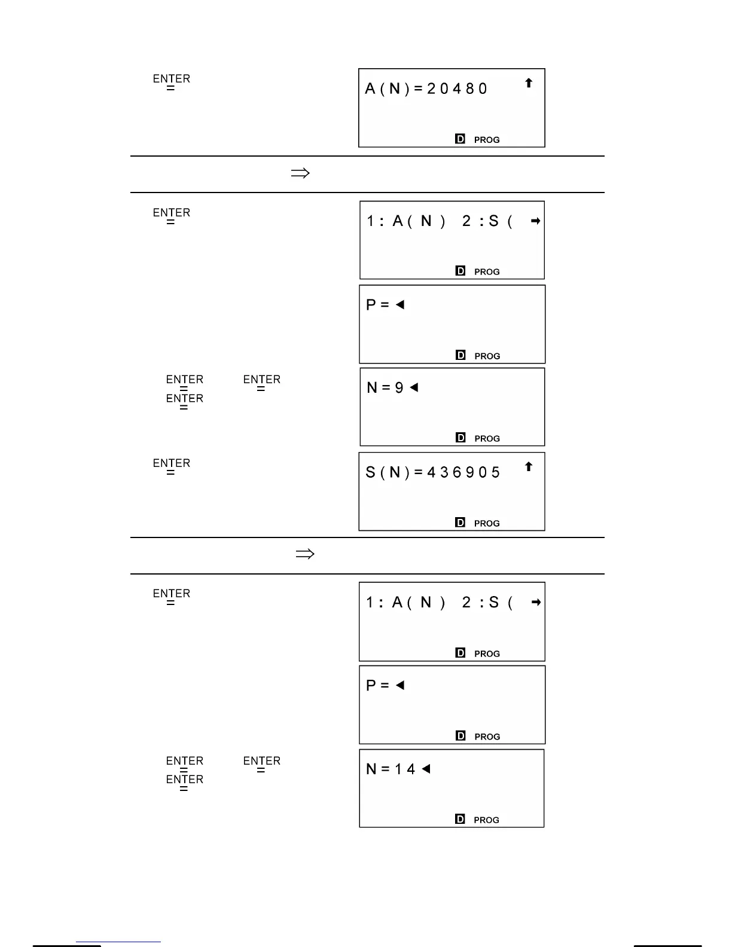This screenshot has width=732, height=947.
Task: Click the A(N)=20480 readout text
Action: [426, 89]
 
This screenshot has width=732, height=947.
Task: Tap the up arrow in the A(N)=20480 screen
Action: [529, 83]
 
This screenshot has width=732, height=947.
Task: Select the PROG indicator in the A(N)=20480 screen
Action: [487, 140]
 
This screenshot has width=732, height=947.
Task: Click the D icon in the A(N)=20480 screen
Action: [460, 139]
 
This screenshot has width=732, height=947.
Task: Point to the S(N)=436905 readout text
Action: [433, 473]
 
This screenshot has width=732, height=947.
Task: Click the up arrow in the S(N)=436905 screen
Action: [529, 467]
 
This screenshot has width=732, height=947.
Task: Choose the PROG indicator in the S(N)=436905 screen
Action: [487, 524]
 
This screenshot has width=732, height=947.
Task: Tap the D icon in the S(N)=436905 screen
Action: [460, 523]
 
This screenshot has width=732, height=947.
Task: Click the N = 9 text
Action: [385, 388]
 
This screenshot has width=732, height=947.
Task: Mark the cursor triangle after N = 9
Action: [414, 387]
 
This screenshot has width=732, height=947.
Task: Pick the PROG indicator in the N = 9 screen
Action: [487, 439]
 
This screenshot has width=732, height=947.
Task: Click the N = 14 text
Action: [391, 769]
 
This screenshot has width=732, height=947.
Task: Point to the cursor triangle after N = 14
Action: [426, 769]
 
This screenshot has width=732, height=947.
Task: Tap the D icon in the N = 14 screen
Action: [460, 819]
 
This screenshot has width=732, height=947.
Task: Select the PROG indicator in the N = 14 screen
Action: [487, 820]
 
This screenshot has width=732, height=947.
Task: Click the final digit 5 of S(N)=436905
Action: [495, 473]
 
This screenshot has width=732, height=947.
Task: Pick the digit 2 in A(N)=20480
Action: [432, 89]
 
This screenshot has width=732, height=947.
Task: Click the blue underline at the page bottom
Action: [118, 942]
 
